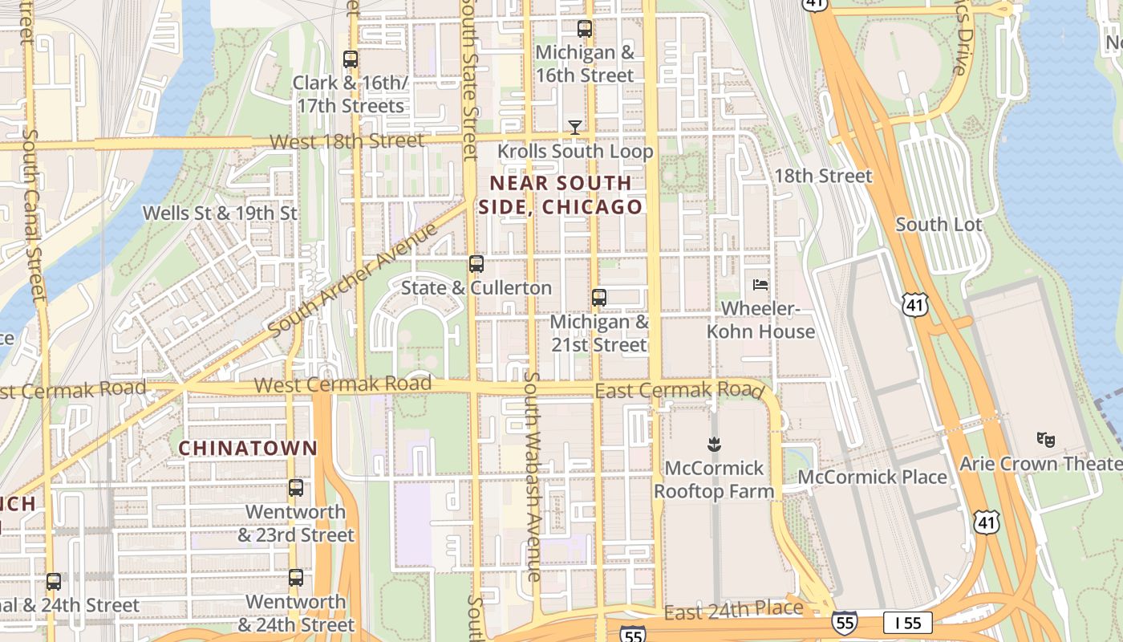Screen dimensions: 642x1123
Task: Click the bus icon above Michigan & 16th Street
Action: (x=585, y=29)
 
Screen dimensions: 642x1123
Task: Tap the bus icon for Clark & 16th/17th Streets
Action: (x=350, y=59)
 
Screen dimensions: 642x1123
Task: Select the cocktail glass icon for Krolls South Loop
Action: (x=575, y=127)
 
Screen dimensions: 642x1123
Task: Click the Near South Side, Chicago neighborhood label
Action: (x=561, y=195)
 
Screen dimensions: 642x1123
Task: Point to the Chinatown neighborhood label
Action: (x=248, y=448)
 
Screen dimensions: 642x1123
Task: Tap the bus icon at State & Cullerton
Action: (x=476, y=263)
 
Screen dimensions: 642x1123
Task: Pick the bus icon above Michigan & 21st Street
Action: (x=598, y=298)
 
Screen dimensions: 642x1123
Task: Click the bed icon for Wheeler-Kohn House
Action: (x=760, y=285)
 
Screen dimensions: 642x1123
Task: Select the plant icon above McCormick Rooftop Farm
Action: (x=713, y=444)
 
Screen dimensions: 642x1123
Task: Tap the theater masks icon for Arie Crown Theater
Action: (x=1044, y=439)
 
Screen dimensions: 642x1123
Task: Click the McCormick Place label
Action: (x=874, y=477)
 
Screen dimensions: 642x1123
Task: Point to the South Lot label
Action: (x=939, y=225)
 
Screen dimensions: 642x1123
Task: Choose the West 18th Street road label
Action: (x=347, y=141)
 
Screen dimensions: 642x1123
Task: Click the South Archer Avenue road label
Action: (x=353, y=280)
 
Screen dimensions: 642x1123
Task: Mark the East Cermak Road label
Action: (x=679, y=390)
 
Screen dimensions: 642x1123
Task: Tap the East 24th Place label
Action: (x=734, y=610)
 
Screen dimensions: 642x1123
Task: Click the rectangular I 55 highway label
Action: (x=907, y=622)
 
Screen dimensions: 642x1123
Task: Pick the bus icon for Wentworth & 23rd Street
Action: (x=296, y=487)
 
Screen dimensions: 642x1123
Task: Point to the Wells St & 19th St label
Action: (x=220, y=213)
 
